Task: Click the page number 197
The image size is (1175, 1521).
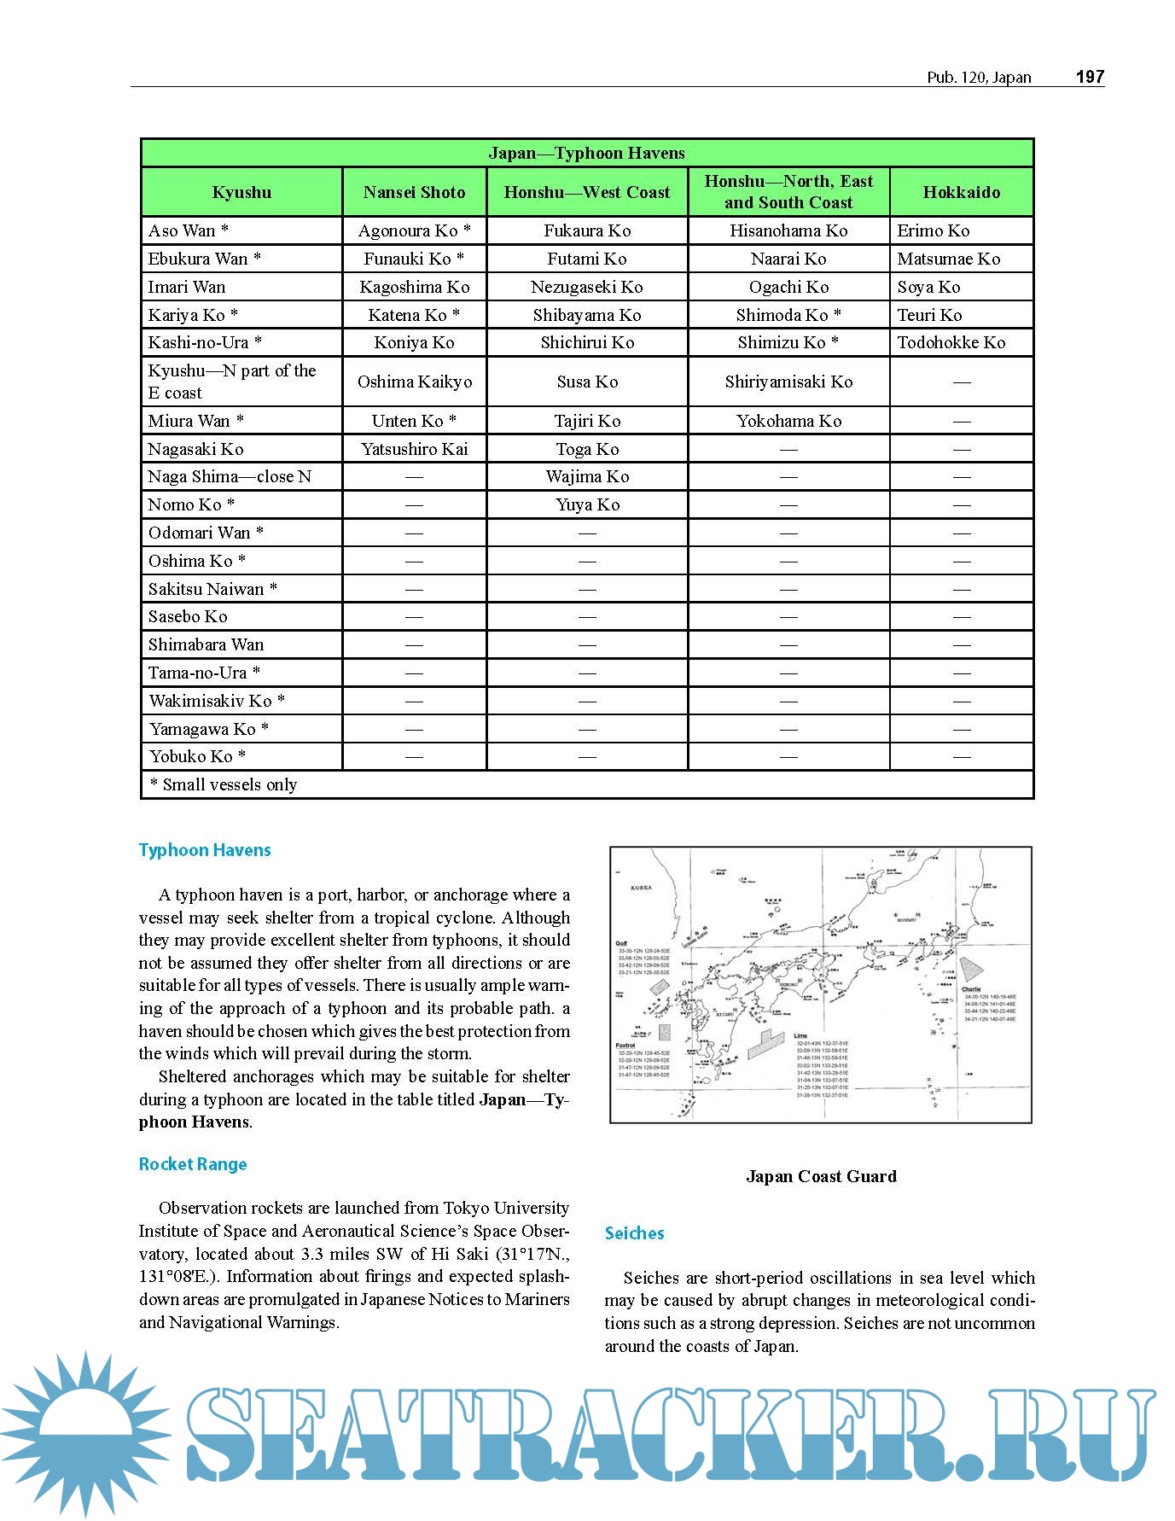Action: (x=1090, y=77)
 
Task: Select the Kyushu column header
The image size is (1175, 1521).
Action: (x=241, y=192)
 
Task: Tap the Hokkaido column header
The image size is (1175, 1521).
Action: (x=961, y=192)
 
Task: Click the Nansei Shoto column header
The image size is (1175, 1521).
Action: (x=414, y=192)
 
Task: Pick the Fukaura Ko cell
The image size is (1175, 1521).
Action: (x=587, y=230)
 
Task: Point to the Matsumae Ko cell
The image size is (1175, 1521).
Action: (x=948, y=259)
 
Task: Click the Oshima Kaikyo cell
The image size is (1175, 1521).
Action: (x=414, y=382)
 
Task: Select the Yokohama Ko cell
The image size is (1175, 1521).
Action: (x=788, y=421)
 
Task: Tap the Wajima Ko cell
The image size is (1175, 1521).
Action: (x=587, y=476)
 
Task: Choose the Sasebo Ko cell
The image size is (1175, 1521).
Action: (x=188, y=616)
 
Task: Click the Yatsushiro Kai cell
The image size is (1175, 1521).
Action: (x=414, y=449)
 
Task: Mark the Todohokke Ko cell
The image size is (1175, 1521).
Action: (x=951, y=342)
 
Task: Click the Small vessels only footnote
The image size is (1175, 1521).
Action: (x=224, y=784)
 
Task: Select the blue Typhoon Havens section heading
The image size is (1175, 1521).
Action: (x=205, y=850)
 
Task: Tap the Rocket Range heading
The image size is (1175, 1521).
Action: (x=193, y=1164)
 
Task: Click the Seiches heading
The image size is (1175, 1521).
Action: (x=634, y=1233)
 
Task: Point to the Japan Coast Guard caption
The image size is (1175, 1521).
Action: (x=821, y=1176)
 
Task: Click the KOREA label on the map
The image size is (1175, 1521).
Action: (x=641, y=888)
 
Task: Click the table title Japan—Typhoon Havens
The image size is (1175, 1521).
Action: (x=586, y=153)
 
